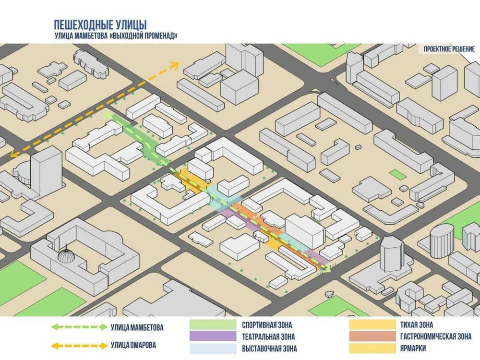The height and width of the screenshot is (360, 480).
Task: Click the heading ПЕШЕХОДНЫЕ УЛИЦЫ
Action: [x=100, y=25]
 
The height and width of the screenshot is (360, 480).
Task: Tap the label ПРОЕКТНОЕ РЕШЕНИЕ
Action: [x=449, y=49]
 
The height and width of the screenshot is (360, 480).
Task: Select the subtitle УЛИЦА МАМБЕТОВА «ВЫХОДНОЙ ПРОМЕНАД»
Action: [x=116, y=36]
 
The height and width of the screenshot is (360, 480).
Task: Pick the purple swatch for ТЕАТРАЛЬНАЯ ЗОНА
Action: [x=213, y=336]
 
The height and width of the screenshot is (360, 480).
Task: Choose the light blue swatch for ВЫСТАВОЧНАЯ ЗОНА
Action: [x=213, y=348]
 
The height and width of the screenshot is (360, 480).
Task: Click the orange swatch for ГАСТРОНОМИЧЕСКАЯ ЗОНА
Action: [x=372, y=336]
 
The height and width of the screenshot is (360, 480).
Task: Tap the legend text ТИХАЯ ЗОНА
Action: [x=417, y=325]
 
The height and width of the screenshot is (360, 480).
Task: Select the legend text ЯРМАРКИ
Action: [x=413, y=348]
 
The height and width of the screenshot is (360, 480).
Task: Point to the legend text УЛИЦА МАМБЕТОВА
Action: [x=137, y=327]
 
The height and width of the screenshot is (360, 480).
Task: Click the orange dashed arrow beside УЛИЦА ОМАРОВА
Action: [x=79, y=346]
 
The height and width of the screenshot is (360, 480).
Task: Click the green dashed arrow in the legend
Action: [x=79, y=327]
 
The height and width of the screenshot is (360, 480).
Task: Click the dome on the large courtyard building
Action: [x=66, y=255]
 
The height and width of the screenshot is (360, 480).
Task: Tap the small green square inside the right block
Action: [x=397, y=174]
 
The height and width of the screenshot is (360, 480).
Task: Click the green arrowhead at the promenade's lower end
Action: [x=326, y=269]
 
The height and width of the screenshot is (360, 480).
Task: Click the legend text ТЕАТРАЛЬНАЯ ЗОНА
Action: [x=268, y=337]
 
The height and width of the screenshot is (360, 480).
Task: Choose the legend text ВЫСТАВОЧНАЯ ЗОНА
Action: [x=269, y=348]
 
